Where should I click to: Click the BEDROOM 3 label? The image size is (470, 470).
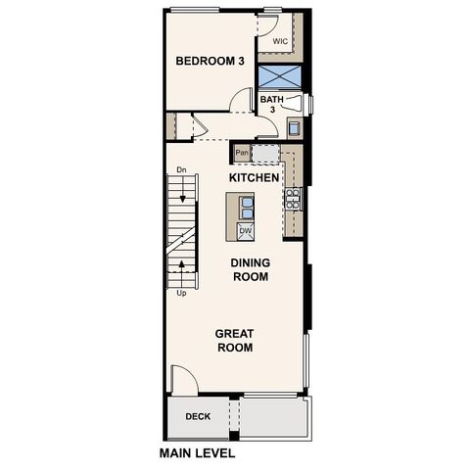click(210, 62)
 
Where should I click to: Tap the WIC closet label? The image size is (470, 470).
click(280, 41)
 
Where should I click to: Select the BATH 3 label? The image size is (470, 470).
click(271, 104)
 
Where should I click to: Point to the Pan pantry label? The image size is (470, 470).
click(241, 153)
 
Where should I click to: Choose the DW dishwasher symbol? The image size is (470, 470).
click(245, 231)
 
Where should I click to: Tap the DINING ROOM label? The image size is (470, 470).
click(251, 269)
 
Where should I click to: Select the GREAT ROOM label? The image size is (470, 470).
click(235, 340)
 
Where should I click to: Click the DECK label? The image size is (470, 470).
click(198, 417)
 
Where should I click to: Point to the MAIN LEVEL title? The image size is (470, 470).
click(197, 454)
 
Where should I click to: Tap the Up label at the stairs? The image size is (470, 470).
click(181, 292)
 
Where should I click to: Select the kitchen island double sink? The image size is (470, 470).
click(246, 207)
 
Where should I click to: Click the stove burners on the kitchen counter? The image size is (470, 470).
click(292, 199)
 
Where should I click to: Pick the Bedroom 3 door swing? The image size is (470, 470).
click(241, 100)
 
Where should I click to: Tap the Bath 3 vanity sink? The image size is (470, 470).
click(294, 126)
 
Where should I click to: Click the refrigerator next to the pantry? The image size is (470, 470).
click(265, 153)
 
